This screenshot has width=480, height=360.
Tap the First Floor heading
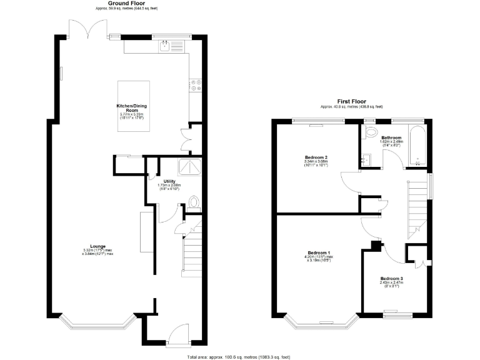[352, 101]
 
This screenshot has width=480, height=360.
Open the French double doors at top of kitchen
[87, 29]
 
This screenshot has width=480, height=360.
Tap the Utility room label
[169, 181]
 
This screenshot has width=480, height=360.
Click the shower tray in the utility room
[189, 166]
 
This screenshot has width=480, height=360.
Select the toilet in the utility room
[194, 202]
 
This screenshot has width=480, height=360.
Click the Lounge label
[97, 246]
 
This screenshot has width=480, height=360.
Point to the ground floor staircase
[191, 250]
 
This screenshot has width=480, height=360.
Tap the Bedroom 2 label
[316, 157]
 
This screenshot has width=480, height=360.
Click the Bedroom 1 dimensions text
[318, 258]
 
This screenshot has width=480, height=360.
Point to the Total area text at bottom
[240, 356]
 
